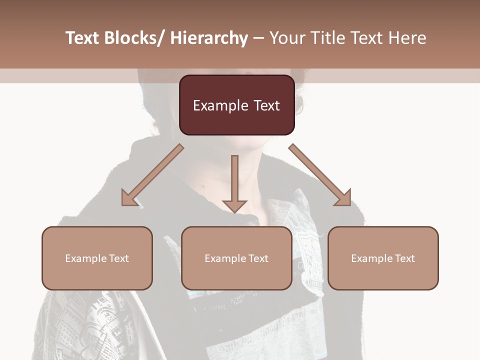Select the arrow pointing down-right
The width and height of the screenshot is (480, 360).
[x=320, y=175]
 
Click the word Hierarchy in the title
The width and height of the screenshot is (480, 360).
[x=209, y=38]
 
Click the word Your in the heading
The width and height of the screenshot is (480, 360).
[x=286, y=38]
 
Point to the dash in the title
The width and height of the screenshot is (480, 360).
[x=258, y=38]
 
